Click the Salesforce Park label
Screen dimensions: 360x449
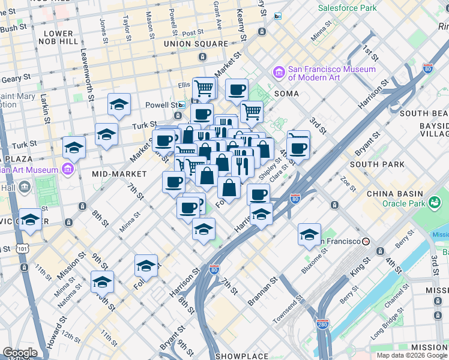(x=347, y=8)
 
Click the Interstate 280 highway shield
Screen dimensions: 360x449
(x=322, y=324)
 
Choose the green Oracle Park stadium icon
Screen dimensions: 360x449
(x=433, y=203)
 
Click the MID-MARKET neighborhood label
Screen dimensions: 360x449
(x=119, y=174)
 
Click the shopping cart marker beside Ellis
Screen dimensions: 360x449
(x=204, y=88)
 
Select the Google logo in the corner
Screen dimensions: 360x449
(x=19, y=353)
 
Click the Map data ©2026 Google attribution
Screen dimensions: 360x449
(x=412, y=355)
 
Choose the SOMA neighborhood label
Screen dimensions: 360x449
(x=286, y=94)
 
